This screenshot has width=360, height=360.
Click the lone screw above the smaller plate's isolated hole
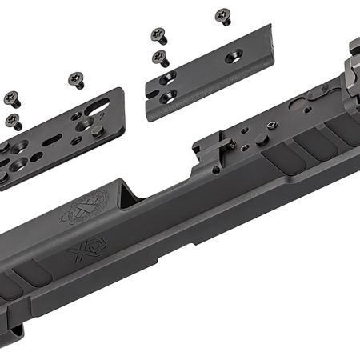[x=222, y=16]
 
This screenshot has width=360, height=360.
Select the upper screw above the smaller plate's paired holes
[x=158, y=34]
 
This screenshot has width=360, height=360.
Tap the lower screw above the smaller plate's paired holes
[x=160, y=57]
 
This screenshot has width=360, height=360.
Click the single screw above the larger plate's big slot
[x=77, y=78]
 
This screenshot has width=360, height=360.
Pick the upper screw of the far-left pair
[x=11, y=98]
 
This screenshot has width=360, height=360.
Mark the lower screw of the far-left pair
[x=15, y=122]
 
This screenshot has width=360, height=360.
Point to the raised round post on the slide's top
[x=262, y=139]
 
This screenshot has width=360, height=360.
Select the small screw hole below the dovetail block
[x=216, y=169]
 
